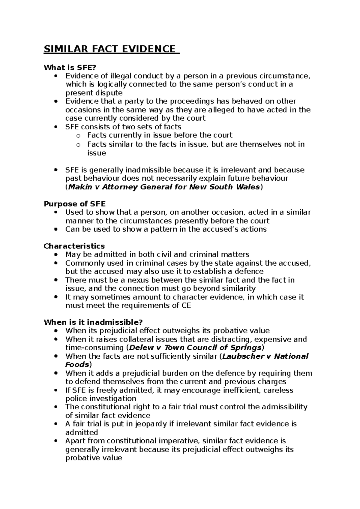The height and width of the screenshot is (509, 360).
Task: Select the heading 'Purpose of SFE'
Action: pyautogui.click(x=75, y=204)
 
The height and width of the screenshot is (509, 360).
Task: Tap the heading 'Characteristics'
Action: pyautogui.click(x=74, y=246)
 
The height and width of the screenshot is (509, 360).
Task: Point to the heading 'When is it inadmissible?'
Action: pyautogui.click(x=93, y=322)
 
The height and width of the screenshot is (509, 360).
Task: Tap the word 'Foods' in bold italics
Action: pyautogui.click(x=77, y=365)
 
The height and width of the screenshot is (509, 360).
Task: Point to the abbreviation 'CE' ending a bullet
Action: pyautogui.click(x=186, y=306)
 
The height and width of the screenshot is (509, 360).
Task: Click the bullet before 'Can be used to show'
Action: pyautogui.click(x=56, y=230)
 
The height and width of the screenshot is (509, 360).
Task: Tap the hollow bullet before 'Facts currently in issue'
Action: pyautogui.click(x=78, y=136)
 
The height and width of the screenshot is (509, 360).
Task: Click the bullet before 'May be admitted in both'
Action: pyautogui.click(x=56, y=255)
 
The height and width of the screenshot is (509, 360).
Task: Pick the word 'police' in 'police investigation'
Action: pyautogui.click(x=75, y=399)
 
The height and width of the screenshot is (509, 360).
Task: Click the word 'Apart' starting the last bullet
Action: pyautogui.click(x=75, y=441)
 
